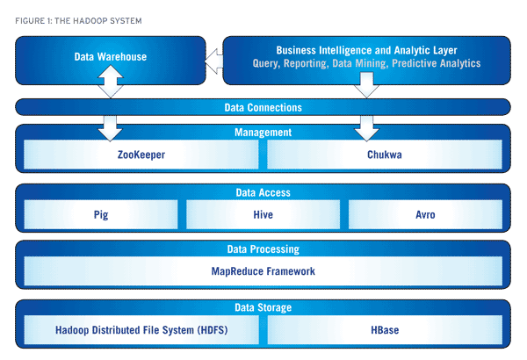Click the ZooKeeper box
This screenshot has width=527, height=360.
tap(141, 155)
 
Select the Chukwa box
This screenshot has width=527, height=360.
tap(385, 155)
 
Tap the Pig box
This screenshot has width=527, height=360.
tap(101, 214)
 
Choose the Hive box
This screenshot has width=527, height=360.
tap(263, 214)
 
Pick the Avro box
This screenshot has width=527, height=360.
tap(425, 214)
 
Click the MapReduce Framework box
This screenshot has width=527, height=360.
tap(263, 271)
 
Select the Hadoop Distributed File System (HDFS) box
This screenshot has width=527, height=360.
tap(141, 330)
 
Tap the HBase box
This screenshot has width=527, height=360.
tap(385, 330)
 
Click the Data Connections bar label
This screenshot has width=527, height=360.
tap(263, 108)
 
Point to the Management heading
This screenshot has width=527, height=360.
tap(263, 133)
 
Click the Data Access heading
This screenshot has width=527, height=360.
tap(263, 192)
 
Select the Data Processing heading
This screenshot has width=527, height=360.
tap(263, 249)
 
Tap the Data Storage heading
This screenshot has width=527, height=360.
tap(263, 307)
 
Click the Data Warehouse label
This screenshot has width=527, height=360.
tap(111, 56)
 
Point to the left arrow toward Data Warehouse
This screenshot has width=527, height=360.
tap(213, 61)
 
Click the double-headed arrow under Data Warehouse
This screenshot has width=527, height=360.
tap(111, 82)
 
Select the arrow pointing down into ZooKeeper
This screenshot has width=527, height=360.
tap(111, 128)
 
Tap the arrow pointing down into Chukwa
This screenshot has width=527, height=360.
tap(366, 128)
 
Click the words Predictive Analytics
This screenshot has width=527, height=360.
tap(437, 63)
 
